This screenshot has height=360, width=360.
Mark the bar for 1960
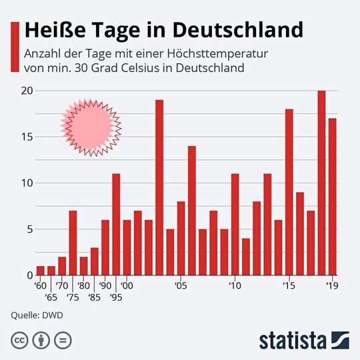[x=41, y=271]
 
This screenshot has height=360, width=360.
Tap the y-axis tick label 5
[x=27, y=229]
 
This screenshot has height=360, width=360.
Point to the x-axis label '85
[x=94, y=297]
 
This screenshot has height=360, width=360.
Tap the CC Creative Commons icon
[x=21, y=339]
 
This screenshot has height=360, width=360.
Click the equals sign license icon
[x=63, y=339]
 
